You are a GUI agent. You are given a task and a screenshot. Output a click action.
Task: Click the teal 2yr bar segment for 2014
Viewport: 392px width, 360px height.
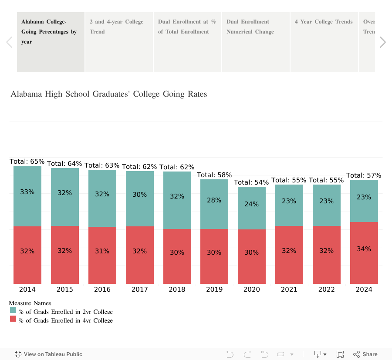click(x=27, y=205)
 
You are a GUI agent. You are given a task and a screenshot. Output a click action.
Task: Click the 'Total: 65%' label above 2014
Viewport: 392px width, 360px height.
click(x=27, y=161)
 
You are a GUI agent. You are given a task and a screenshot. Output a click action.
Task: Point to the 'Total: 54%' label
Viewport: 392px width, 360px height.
click(x=251, y=182)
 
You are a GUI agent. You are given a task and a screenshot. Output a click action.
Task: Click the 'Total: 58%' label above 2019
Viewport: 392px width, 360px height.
click(x=214, y=175)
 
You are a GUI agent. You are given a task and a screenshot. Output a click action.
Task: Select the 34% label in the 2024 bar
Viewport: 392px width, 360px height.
click(x=364, y=249)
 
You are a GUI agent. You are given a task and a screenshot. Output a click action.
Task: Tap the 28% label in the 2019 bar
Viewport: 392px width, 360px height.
click(x=214, y=200)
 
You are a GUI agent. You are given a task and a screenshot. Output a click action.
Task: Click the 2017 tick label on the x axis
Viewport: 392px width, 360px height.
click(x=139, y=289)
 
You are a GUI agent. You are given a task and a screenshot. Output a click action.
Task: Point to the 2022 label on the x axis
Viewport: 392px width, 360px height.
click(x=326, y=289)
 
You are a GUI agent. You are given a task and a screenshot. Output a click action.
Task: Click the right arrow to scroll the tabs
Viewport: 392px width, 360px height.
click(x=382, y=42)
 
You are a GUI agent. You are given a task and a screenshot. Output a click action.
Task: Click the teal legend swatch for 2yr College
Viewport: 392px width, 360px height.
click(x=13, y=310)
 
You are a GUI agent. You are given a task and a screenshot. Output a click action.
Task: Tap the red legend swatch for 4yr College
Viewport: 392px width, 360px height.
click(x=13, y=319)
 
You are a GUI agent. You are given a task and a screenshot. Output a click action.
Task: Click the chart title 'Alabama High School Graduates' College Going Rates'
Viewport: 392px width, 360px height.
click(x=109, y=94)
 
